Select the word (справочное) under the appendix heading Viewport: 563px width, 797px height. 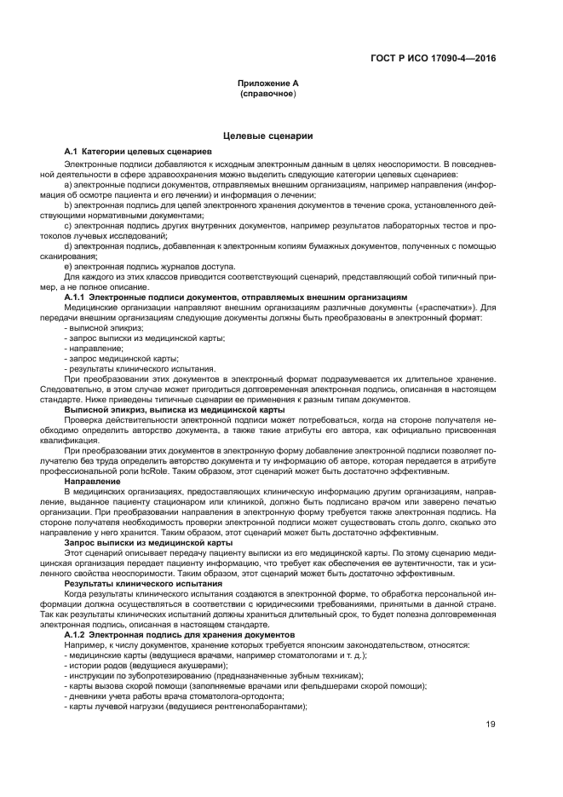pos(268,94)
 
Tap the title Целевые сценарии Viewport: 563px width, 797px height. pos(267,135)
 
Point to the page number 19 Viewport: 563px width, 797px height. pos(489,725)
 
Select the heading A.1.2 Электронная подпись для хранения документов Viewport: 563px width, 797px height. pos(180,635)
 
